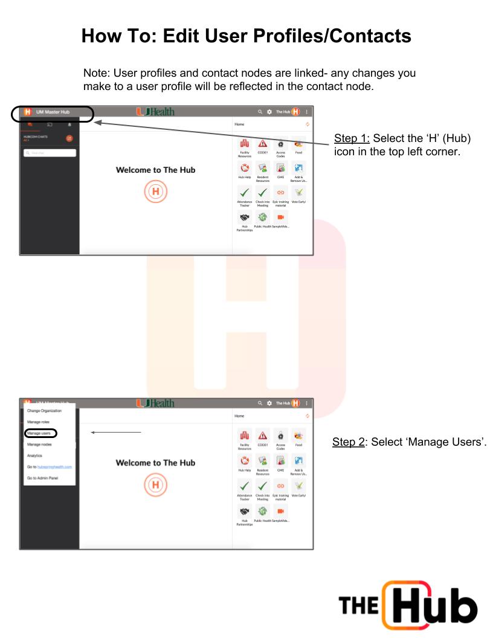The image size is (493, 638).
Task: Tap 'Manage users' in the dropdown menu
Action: coord(40,433)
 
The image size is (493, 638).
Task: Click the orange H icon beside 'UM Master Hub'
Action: coord(27,112)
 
